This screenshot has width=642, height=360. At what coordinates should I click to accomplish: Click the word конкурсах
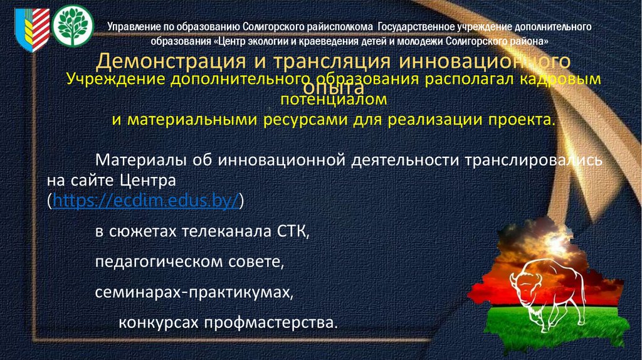coord(159,323)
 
